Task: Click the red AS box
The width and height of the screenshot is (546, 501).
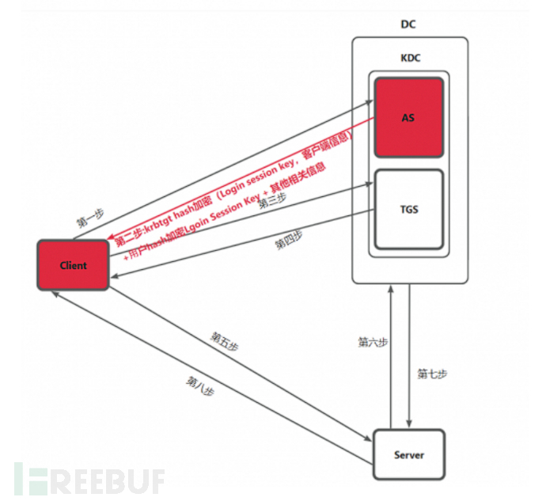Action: (408, 117)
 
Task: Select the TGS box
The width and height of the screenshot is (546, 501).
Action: (408, 210)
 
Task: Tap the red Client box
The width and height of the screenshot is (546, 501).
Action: (73, 265)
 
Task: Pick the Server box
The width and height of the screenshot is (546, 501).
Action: (408, 454)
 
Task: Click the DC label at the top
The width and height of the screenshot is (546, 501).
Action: (408, 25)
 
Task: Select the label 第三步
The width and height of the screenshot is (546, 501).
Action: (272, 202)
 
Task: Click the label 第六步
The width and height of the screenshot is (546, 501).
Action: (373, 343)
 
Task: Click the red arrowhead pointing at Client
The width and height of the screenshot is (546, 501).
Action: (110, 246)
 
